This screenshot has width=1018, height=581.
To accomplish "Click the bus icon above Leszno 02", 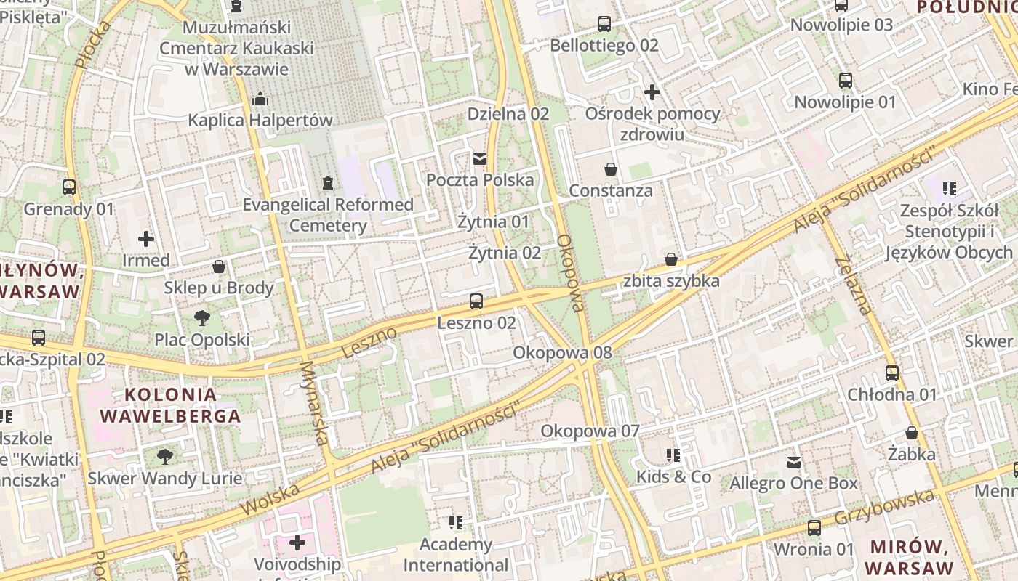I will click(x=476, y=301).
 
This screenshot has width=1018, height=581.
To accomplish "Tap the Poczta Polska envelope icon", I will click(x=479, y=158).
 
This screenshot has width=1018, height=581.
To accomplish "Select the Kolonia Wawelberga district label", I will click(x=170, y=405).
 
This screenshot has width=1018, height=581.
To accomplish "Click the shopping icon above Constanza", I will click(x=611, y=169).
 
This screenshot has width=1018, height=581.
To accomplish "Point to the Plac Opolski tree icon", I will click(x=202, y=318).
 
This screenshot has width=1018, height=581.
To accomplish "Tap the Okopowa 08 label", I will click(x=562, y=352).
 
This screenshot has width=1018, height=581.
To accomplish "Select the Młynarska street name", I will click(x=314, y=403).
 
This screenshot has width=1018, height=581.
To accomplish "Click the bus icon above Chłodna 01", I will click(x=892, y=373).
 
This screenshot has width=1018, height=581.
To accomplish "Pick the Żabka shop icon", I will click(x=912, y=433).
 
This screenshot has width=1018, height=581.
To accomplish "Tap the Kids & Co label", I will click(x=673, y=476).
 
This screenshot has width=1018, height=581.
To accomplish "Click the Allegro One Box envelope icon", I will click(x=794, y=462).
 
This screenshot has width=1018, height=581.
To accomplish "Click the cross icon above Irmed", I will click(x=146, y=238).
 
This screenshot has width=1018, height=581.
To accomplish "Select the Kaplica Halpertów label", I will click(x=260, y=120).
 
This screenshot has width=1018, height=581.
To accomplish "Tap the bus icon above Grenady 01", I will click(x=69, y=187).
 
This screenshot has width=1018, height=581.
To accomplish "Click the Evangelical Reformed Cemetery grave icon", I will click(x=328, y=183).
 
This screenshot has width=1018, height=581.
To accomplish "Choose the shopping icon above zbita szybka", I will click(x=671, y=259).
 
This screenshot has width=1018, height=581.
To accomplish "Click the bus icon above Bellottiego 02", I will click(x=604, y=24).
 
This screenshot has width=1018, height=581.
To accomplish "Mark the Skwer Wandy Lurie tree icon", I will click(x=165, y=456).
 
